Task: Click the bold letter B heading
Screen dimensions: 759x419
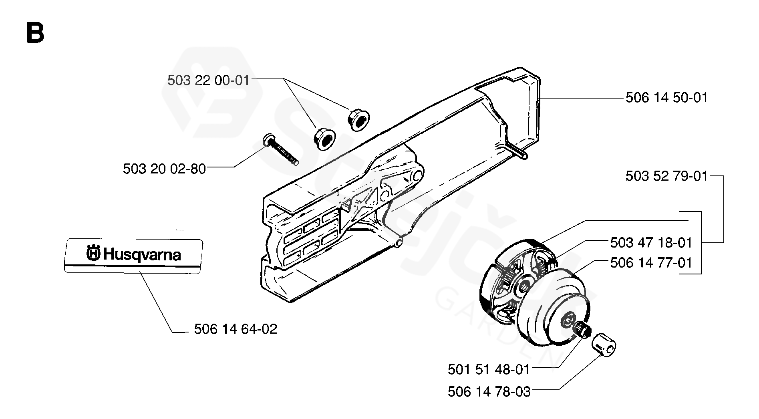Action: tap(35, 32)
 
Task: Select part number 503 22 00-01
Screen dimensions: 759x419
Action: tap(208, 81)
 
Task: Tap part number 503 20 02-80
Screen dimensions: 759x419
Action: tap(164, 169)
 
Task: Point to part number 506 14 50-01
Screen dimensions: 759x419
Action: tap(666, 98)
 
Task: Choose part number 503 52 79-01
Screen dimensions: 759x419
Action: tap(666, 176)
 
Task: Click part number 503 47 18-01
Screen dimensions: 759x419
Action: tap(651, 243)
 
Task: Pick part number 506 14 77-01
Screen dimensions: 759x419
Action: tap(651, 263)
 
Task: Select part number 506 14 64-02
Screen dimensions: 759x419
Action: tap(236, 329)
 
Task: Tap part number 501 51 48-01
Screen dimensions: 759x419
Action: tap(489, 369)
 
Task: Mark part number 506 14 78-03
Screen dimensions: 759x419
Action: tap(489, 391)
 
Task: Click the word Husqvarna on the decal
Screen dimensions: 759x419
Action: tap(142, 255)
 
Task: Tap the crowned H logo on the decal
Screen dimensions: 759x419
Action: tap(93, 253)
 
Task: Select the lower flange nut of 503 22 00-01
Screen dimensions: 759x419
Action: tap(324, 138)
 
